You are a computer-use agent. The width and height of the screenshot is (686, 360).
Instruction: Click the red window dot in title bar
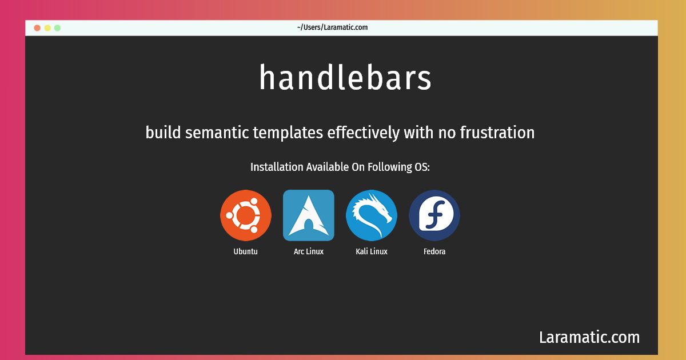[x=37, y=28]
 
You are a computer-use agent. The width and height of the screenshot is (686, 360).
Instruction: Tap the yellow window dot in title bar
[x=47, y=28]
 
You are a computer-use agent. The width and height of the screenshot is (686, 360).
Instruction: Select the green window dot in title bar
[x=57, y=28]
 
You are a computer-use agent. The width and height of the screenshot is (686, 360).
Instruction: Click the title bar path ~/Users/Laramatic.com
[x=332, y=27]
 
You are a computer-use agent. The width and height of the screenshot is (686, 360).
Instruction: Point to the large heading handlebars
[x=345, y=77]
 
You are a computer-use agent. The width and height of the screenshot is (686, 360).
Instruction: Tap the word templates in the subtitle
[x=288, y=133]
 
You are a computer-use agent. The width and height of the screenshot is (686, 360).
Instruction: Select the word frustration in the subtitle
[x=497, y=132]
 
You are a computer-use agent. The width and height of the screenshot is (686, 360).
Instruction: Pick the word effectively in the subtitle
[x=363, y=133]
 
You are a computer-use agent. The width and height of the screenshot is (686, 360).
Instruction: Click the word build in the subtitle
[x=163, y=132]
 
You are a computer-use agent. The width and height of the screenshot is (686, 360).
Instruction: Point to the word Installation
[x=277, y=167]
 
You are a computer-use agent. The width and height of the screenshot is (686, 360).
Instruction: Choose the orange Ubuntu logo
[x=246, y=215]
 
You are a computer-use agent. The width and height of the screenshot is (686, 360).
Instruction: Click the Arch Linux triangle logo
[x=308, y=215]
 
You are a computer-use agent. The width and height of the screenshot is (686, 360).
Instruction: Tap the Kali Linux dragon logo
[x=372, y=215]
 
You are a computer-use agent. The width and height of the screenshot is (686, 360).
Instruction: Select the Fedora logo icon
[x=434, y=215]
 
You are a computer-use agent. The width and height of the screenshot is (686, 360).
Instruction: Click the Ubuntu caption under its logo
[x=246, y=251]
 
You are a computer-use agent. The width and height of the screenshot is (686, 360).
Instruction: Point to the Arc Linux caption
[x=308, y=251]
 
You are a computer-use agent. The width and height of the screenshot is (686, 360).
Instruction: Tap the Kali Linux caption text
[x=372, y=251]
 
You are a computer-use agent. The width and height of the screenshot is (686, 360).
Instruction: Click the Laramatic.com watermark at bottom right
[x=589, y=337]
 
